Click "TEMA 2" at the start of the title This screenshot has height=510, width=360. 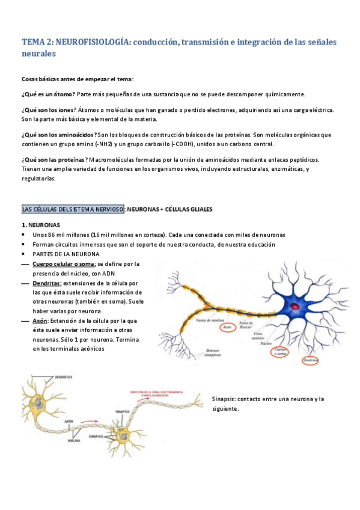37,42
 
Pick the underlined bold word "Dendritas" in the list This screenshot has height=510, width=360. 46,283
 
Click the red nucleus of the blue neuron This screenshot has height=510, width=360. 295,307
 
